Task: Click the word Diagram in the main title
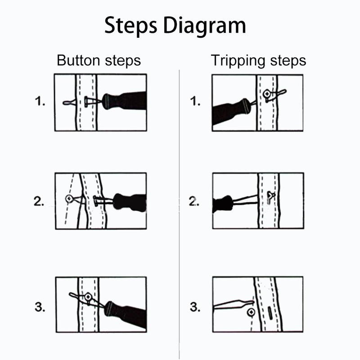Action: coord(205,26)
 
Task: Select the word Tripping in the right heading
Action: coord(237,61)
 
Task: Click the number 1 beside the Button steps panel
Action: coord(40,102)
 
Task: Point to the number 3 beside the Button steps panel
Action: coord(40,308)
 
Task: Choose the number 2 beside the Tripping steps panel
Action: coord(194,202)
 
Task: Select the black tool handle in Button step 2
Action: coord(130,202)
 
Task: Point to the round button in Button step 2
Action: coord(69,198)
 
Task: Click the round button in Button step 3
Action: coord(88,297)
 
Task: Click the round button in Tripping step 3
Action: coord(251,312)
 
